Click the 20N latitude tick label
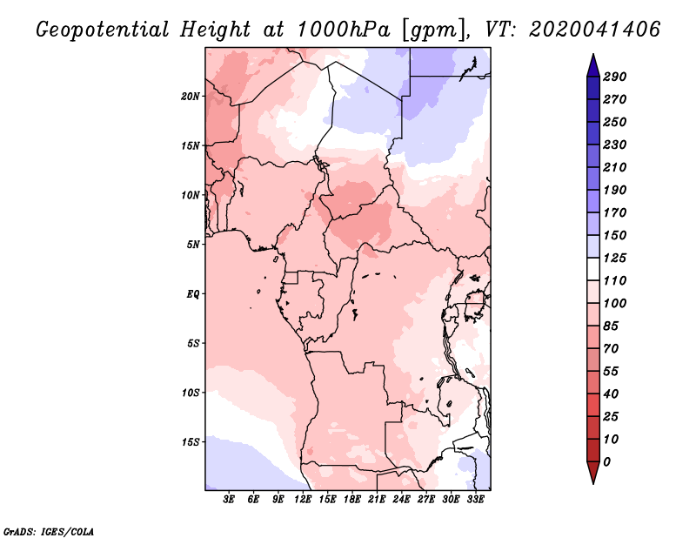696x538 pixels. (190, 97)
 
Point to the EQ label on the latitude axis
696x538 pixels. (192, 294)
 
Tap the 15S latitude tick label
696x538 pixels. (190, 442)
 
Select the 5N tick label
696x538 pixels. (192, 245)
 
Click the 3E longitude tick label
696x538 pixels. (229, 500)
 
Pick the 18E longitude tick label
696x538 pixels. (352, 500)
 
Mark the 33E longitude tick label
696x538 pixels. (475, 500)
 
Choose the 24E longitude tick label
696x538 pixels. (401, 500)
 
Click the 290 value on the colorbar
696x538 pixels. (615, 77)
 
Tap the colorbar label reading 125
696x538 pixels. (615, 258)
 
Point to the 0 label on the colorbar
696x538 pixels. (606, 462)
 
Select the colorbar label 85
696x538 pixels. (611, 326)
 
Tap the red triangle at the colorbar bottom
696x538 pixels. (593, 472)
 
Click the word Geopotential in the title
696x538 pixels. (103, 30)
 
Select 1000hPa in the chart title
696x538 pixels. (344, 30)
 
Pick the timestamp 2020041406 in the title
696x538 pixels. (595, 29)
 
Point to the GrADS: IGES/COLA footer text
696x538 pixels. (49, 532)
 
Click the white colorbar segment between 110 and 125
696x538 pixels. (593, 269)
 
